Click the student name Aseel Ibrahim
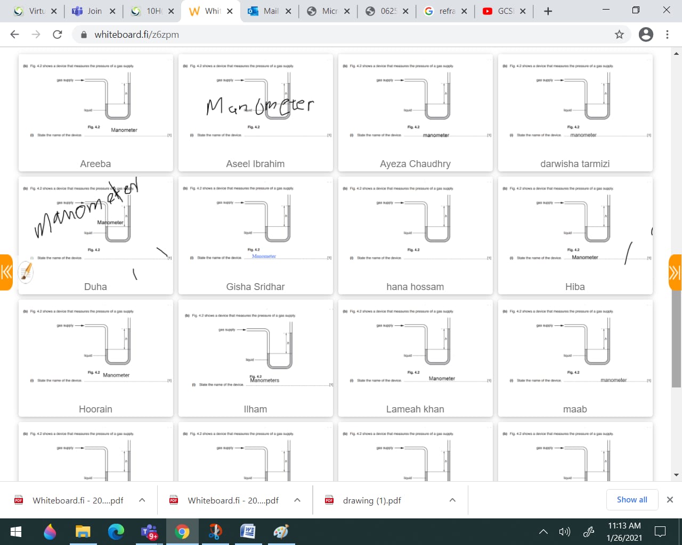pos(255,164)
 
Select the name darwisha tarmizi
pos(575,164)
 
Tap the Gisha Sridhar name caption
pos(255,287)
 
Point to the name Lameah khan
pos(415,409)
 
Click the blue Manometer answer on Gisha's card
pos(264,257)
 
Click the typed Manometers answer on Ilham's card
pos(265,381)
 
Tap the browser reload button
pos(58,35)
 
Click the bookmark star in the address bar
pos(619,35)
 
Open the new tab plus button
pos(548,11)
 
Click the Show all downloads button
pos(632,500)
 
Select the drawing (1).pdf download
pos(372,500)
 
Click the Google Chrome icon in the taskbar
pos(182,532)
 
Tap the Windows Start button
pos(15,532)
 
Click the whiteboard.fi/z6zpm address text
pos(136,35)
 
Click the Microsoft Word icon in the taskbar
pos(248,532)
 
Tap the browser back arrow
pos(15,35)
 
